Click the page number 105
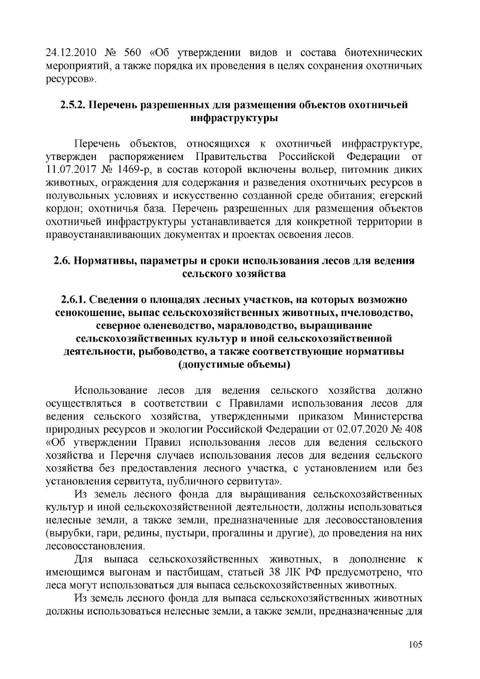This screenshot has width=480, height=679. point(416,645)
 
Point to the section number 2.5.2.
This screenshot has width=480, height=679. point(72,105)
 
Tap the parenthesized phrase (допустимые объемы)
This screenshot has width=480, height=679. point(234,365)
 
